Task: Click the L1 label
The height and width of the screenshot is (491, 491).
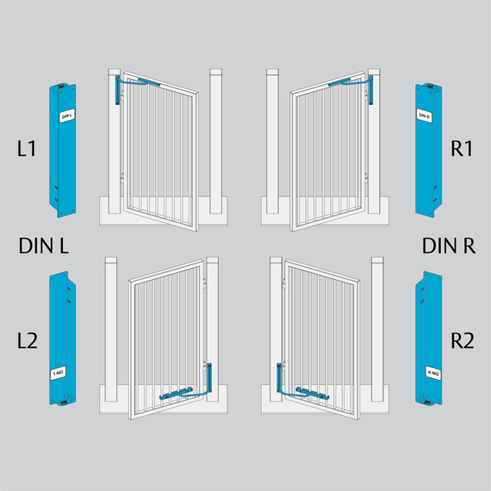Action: coord(27,148)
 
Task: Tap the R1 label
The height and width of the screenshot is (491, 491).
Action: coord(462,148)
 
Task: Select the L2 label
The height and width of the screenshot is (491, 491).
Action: coord(28,341)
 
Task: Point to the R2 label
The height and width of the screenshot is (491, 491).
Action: coord(463,341)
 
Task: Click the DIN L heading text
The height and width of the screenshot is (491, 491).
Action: coord(44,245)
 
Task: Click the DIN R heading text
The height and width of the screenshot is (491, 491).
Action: coord(449,245)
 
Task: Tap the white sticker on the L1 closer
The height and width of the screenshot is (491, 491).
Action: coord(66,115)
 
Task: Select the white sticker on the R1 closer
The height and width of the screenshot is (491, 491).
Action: coord(425,115)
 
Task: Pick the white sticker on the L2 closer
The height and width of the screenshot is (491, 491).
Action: coord(59,373)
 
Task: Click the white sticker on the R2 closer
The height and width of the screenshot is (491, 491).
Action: coord(433,373)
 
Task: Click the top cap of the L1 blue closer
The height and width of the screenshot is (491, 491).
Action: coord(62,85)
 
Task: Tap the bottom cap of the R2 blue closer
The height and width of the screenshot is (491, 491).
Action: coord(428,402)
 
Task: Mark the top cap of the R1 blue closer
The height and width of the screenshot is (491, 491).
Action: coord(429,85)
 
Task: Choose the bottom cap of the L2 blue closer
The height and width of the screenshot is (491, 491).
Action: coord(63,402)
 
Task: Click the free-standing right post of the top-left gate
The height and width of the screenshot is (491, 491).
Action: coord(215,141)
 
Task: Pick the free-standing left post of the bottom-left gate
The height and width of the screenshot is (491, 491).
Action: coord(111,329)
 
